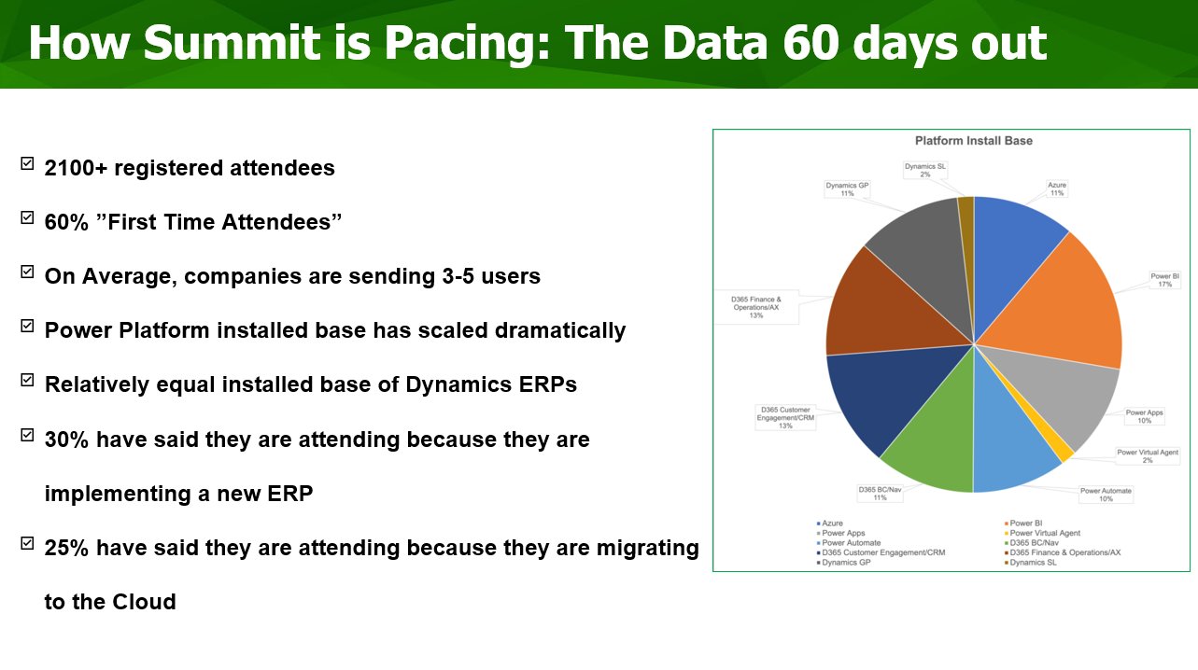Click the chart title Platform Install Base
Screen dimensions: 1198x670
(x=973, y=141)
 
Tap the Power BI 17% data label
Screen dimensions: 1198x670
(x=1164, y=280)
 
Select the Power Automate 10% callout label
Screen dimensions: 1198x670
(x=1106, y=495)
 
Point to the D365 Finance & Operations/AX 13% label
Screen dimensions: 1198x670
(x=756, y=307)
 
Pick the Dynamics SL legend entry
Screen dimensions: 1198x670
(x=1030, y=562)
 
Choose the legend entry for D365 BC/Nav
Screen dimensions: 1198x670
(x=1031, y=542)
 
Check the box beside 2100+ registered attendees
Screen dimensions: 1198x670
(x=27, y=163)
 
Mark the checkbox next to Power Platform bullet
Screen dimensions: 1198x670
(x=27, y=326)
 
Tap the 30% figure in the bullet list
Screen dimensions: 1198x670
(x=66, y=440)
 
